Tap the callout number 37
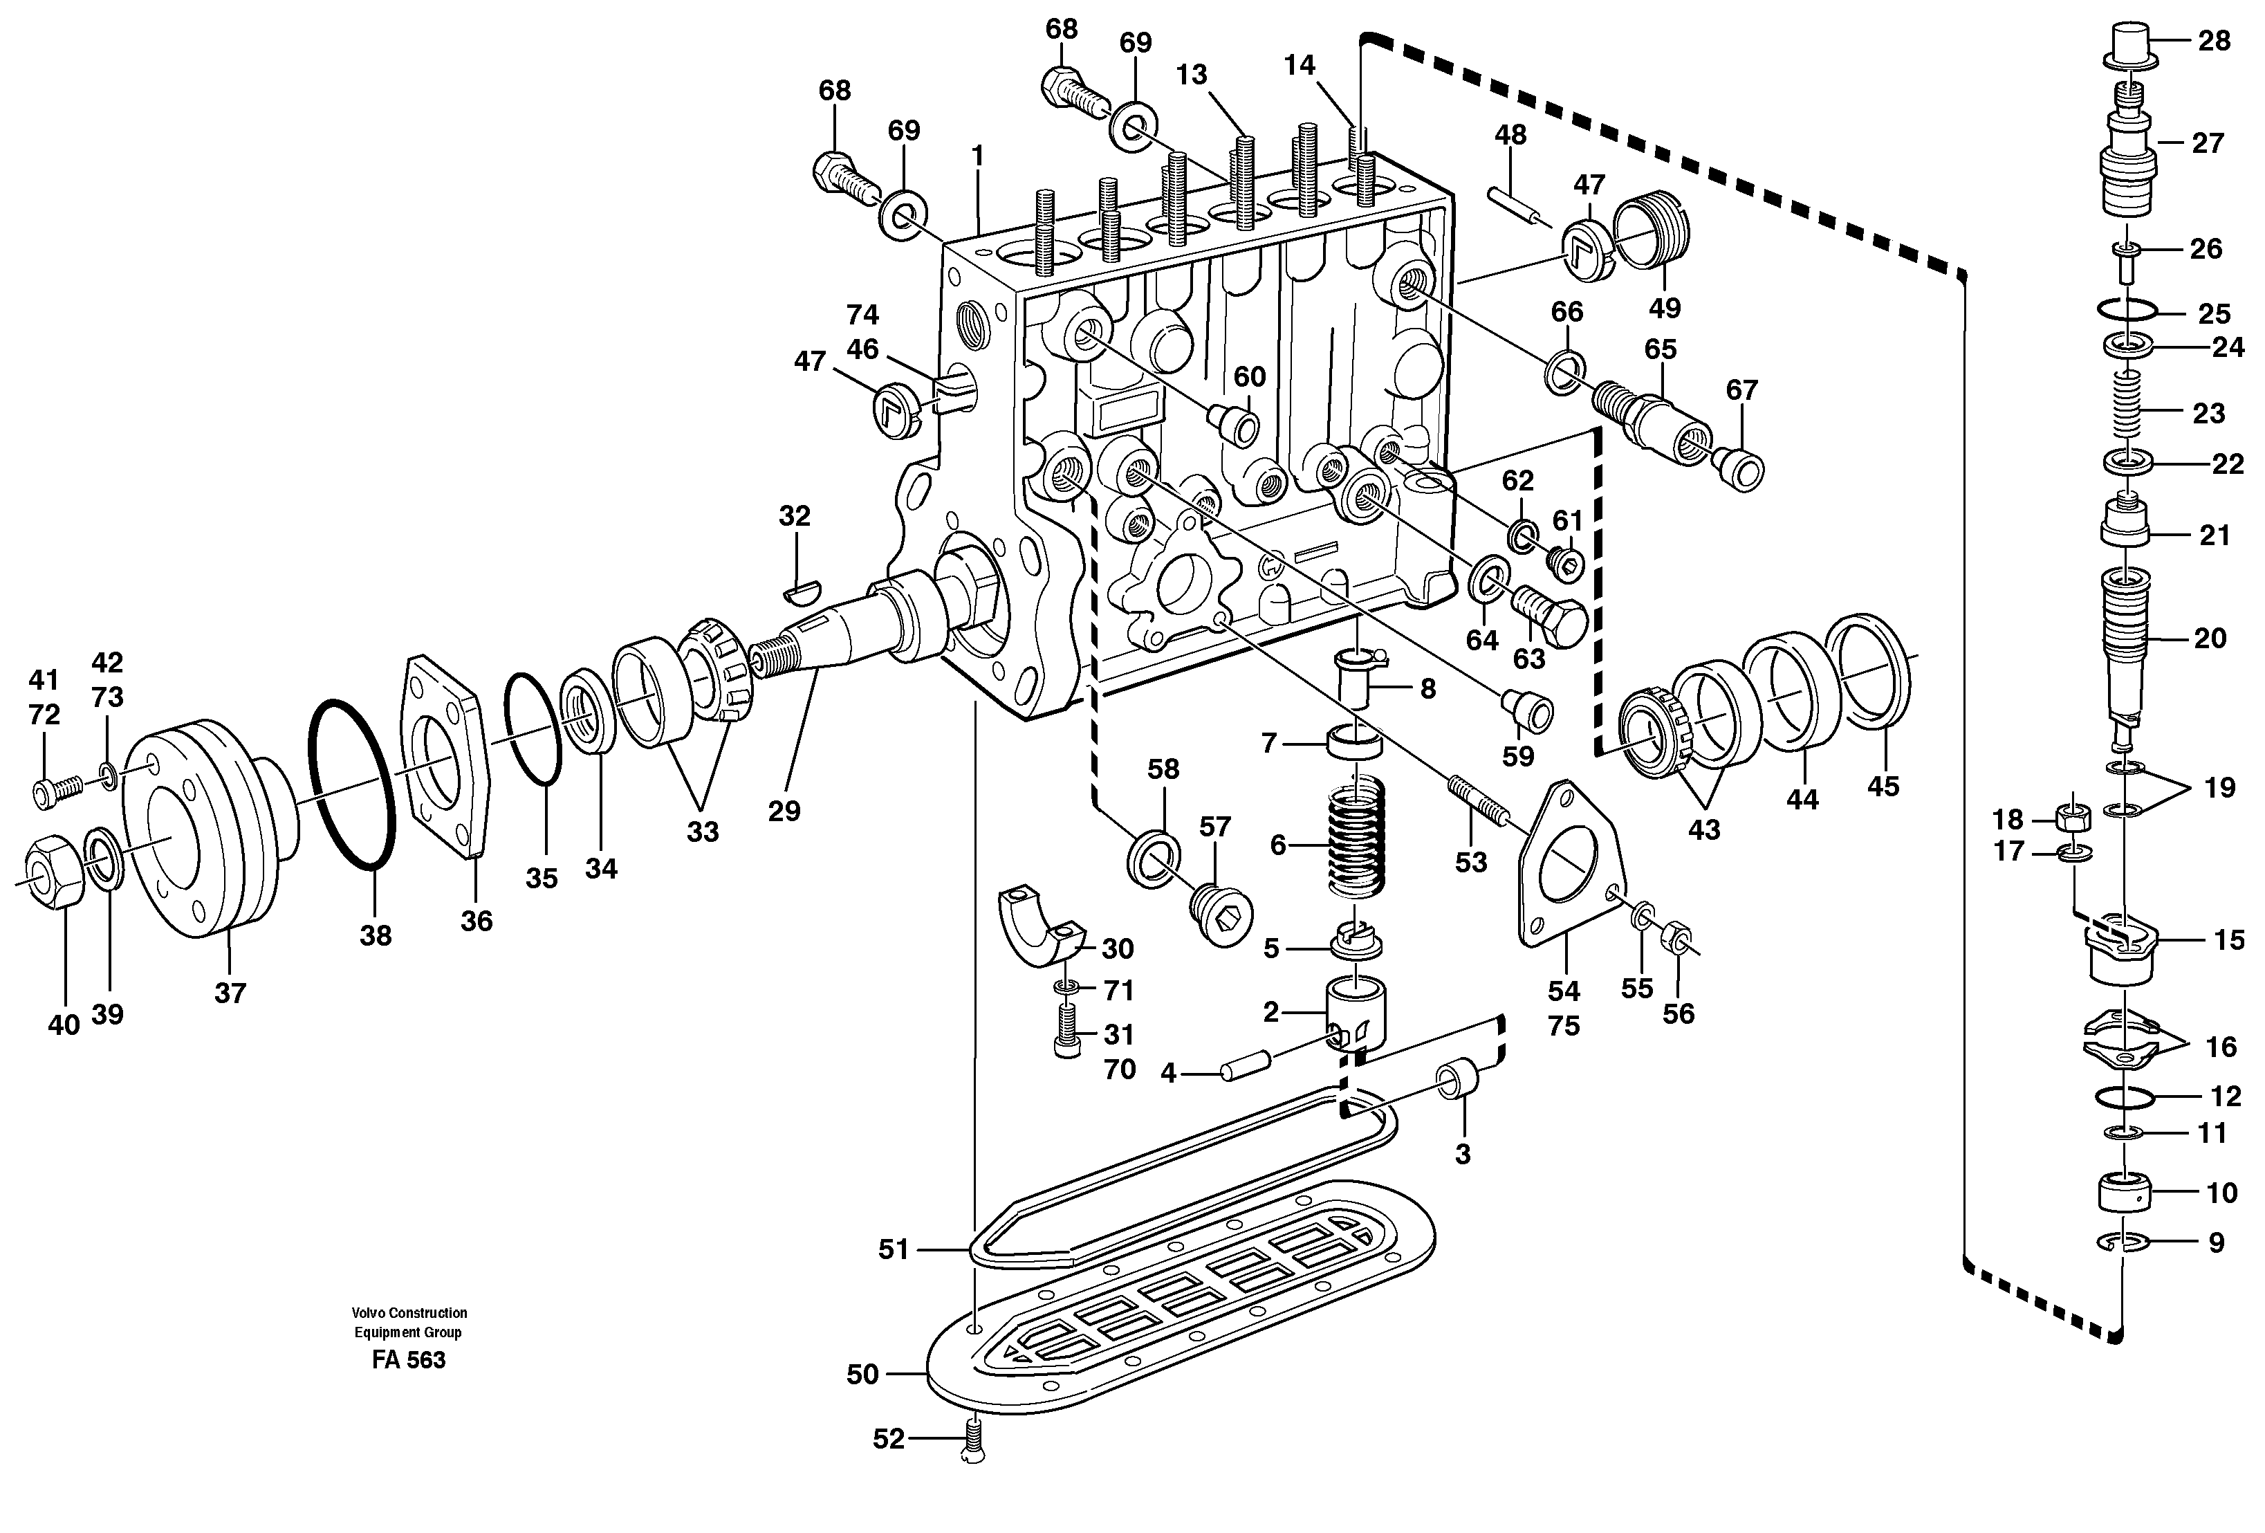tap(231, 993)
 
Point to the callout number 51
tap(893, 1249)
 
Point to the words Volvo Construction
tap(409, 1313)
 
